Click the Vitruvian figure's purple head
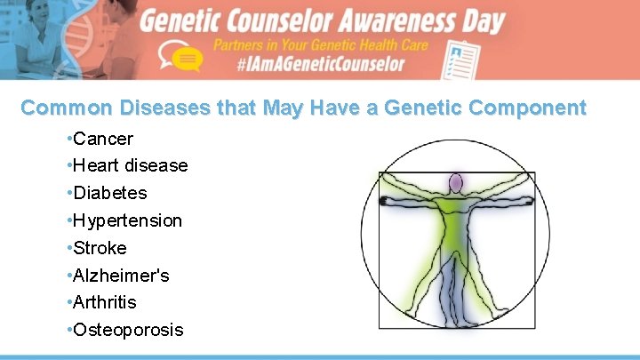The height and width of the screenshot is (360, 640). (456, 184)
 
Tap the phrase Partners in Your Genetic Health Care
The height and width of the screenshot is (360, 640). (320, 44)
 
